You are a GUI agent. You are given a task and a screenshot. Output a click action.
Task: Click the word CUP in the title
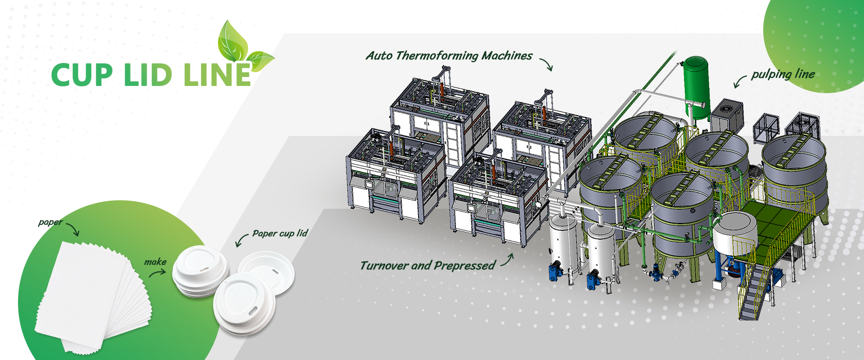pos(82,75)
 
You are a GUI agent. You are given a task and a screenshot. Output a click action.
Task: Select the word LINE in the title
pos(217,75)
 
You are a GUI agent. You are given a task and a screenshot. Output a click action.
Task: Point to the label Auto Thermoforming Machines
pos(449,56)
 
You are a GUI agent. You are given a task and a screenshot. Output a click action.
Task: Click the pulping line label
pos(783,74)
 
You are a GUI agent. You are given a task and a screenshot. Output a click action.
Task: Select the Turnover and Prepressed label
pos(427,265)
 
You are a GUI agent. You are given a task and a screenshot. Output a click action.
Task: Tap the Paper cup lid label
pos(280,233)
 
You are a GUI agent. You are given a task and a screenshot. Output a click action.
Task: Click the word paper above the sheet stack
pos(50,222)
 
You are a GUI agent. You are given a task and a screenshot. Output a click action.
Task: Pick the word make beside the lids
pos(155,261)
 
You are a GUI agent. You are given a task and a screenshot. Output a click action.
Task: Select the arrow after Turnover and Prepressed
pos(508,260)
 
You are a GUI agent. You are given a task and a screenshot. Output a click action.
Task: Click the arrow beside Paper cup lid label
pos(242,240)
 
